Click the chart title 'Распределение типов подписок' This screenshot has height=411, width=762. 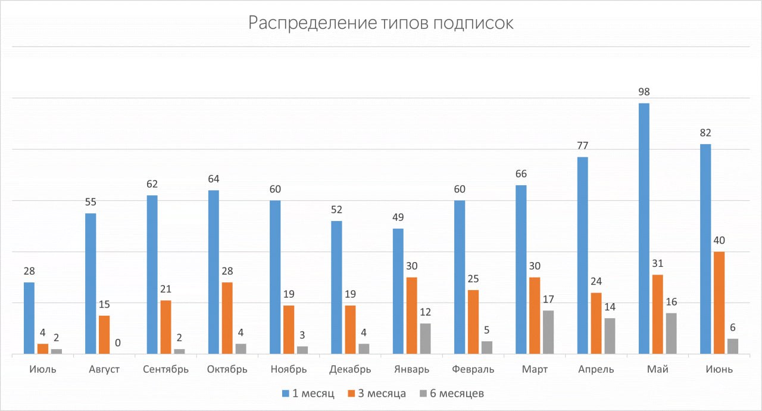click(380, 23)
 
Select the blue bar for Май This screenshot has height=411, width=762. click(644, 229)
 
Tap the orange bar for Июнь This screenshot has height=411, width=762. click(719, 303)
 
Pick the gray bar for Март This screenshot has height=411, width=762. click(548, 332)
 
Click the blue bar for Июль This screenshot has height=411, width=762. click(29, 318)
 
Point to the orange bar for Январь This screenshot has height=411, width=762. click(411, 316)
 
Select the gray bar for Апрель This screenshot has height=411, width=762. click(610, 336)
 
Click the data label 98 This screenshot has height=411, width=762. click(644, 92)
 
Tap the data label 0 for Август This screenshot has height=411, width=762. click(118, 343)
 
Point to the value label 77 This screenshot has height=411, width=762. click(582, 146)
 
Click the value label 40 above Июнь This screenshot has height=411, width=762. click(719, 241)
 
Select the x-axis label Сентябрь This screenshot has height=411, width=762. click(165, 369)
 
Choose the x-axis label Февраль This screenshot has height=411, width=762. click(473, 369)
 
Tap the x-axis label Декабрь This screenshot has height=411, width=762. click(350, 369)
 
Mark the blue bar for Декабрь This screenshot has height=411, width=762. click(336, 288)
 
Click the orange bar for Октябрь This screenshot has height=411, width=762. click(227, 318)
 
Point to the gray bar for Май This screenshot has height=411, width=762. click(672, 334)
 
